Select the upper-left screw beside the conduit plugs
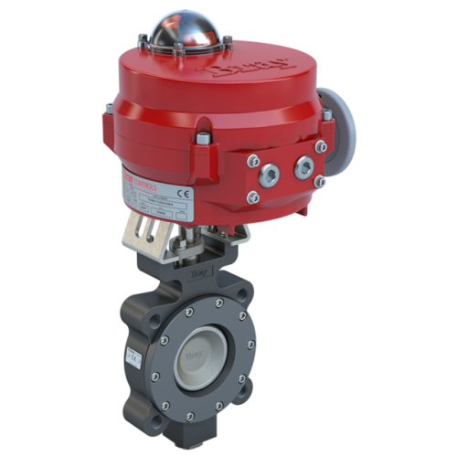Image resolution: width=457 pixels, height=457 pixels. (x=251, y=160)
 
